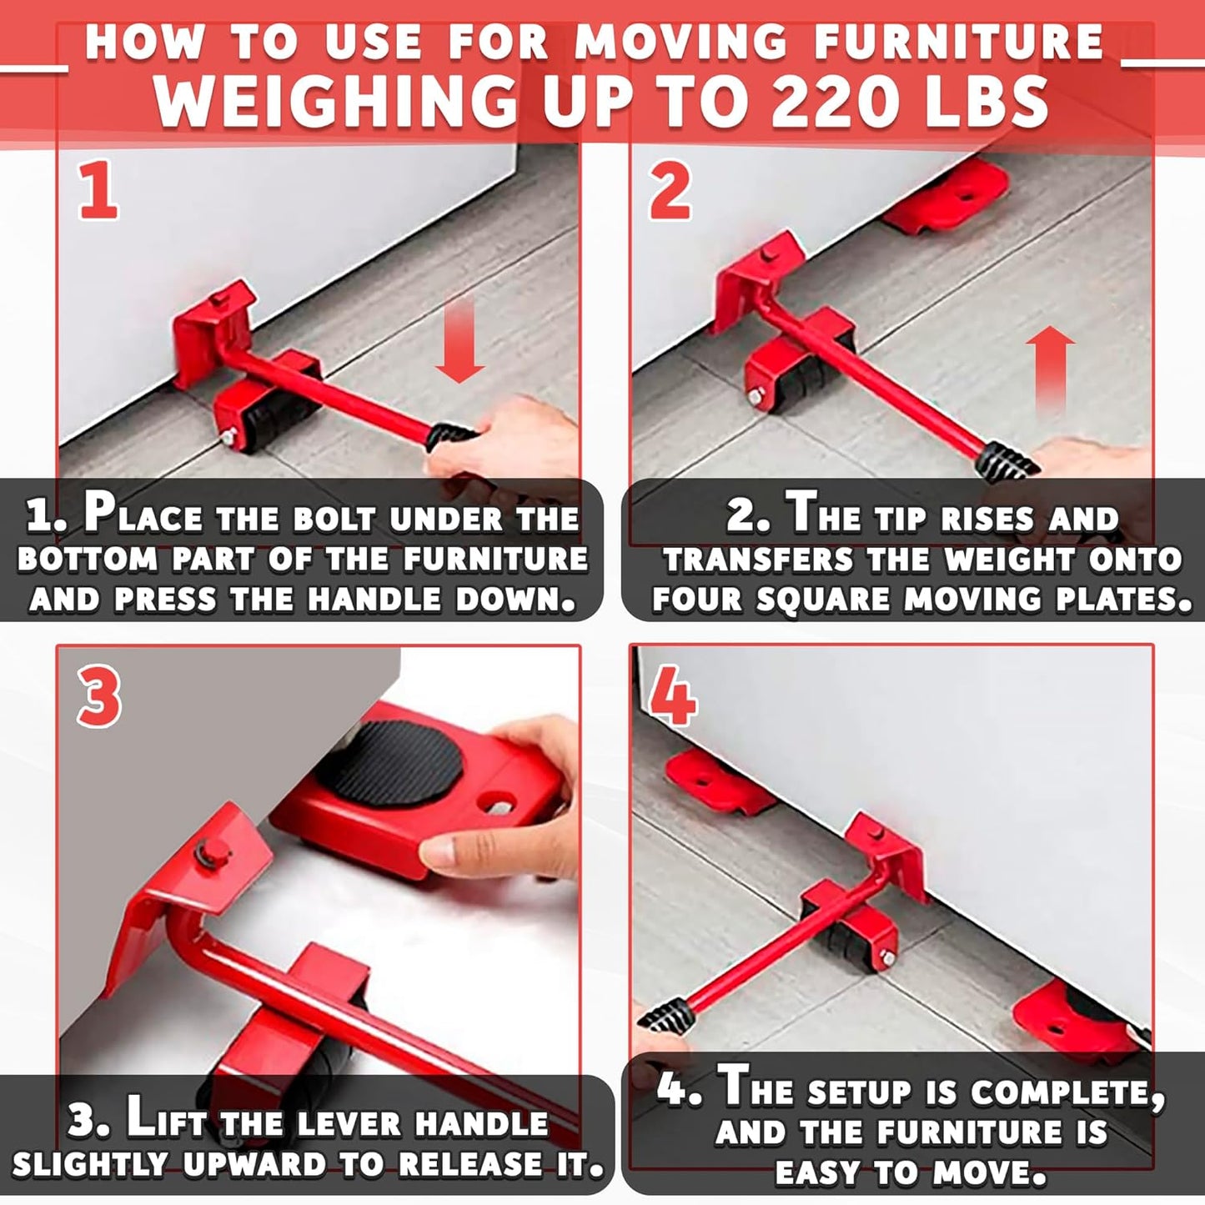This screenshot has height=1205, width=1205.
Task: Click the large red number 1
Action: pos(99,191)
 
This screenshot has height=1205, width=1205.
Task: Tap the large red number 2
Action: pos(670,191)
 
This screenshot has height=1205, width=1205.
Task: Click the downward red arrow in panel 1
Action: pos(459,342)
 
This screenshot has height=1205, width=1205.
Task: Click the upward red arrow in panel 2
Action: pos(1050,367)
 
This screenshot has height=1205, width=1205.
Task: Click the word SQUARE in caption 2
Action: pos(823,599)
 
